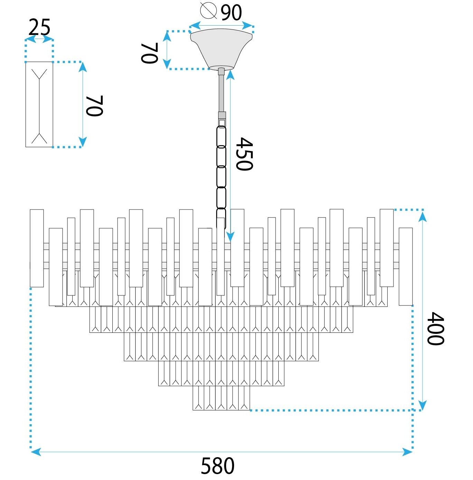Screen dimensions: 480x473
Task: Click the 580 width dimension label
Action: coord(217,466)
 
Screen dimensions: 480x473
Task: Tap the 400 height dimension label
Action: coord(435,328)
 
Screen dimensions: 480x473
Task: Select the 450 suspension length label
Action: coord(244,154)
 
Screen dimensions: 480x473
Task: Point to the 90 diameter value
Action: coord(231,13)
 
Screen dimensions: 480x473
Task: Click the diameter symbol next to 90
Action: coord(208,10)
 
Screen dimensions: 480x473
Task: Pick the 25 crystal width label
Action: coord(39,27)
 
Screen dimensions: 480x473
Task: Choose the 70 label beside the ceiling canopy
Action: coord(150,53)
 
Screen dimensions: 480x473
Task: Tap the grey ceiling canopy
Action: coord(222,48)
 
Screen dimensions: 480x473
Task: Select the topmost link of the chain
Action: coord(221,136)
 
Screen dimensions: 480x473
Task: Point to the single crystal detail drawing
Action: coord(39,104)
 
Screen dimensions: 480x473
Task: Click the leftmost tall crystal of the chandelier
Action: coord(37,248)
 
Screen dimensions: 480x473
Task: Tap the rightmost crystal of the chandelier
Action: coord(406,266)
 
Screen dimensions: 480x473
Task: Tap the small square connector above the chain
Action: coord(222,122)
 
